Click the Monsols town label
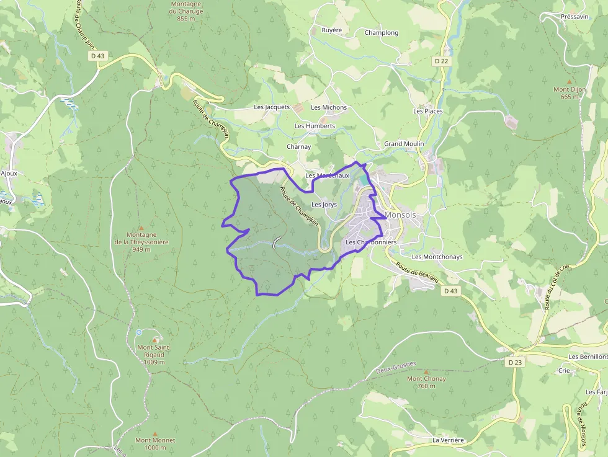click(x=401, y=215)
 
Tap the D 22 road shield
click(x=441, y=61)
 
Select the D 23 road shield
click(x=514, y=362)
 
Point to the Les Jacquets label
click(x=272, y=107)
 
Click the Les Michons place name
click(x=329, y=107)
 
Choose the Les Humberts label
click(x=315, y=126)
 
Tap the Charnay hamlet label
click(x=298, y=147)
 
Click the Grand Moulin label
click(x=404, y=144)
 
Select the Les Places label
click(x=428, y=111)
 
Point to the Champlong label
click(x=382, y=33)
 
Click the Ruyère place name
click(x=332, y=30)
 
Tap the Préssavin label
click(x=574, y=17)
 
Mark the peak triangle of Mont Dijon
click(x=569, y=82)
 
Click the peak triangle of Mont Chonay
click(x=426, y=372)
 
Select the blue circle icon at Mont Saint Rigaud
click(x=139, y=332)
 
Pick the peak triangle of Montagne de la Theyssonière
click(x=141, y=228)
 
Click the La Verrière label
click(x=448, y=440)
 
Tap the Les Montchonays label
click(x=437, y=257)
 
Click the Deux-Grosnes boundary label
click(x=396, y=368)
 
